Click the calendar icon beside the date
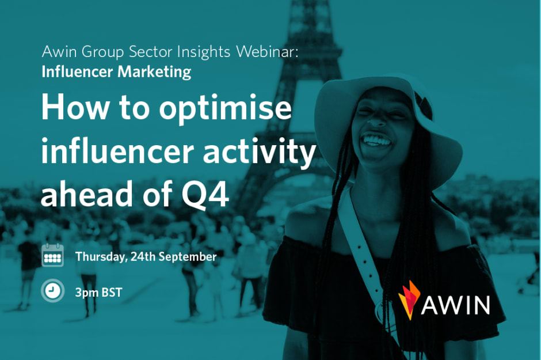coord(52,255)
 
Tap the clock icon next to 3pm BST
coord(52,291)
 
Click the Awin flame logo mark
coord(409,300)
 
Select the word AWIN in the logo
coord(455,305)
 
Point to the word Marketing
coord(154,72)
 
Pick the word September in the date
coord(188,257)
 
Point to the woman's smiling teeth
coord(376,140)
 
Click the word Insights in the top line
coord(204,52)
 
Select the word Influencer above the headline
coord(77,71)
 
